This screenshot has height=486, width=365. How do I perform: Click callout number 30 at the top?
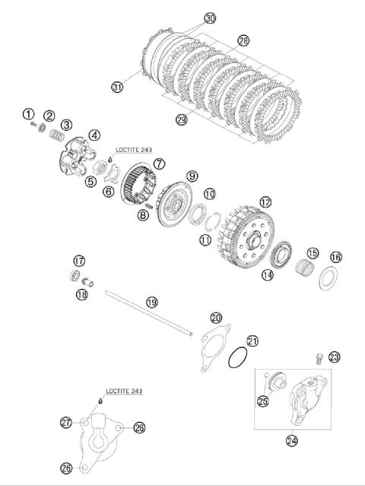[x=210, y=18]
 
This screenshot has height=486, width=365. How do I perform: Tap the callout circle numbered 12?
[x=265, y=202]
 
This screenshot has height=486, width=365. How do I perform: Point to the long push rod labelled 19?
[x=148, y=313]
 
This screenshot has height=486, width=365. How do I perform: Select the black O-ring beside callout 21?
[x=238, y=357]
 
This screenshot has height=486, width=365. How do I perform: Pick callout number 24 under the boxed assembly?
[x=292, y=440]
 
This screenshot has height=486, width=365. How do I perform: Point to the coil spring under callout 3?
[x=57, y=135]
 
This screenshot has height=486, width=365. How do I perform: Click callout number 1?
[x=28, y=114]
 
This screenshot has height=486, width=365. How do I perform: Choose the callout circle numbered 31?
[x=117, y=87]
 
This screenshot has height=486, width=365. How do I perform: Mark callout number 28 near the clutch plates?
[x=243, y=40]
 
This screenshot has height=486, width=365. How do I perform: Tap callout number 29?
[x=181, y=119]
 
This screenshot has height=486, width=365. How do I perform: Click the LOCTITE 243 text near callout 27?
[x=124, y=391]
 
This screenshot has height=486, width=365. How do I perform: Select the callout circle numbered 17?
[x=79, y=261]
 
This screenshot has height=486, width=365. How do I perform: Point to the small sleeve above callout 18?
[x=87, y=282]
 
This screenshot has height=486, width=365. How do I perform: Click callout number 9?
[x=192, y=176]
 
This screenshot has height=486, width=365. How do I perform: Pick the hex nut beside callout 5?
[x=100, y=169]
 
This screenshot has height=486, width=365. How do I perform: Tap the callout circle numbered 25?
[x=263, y=402]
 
